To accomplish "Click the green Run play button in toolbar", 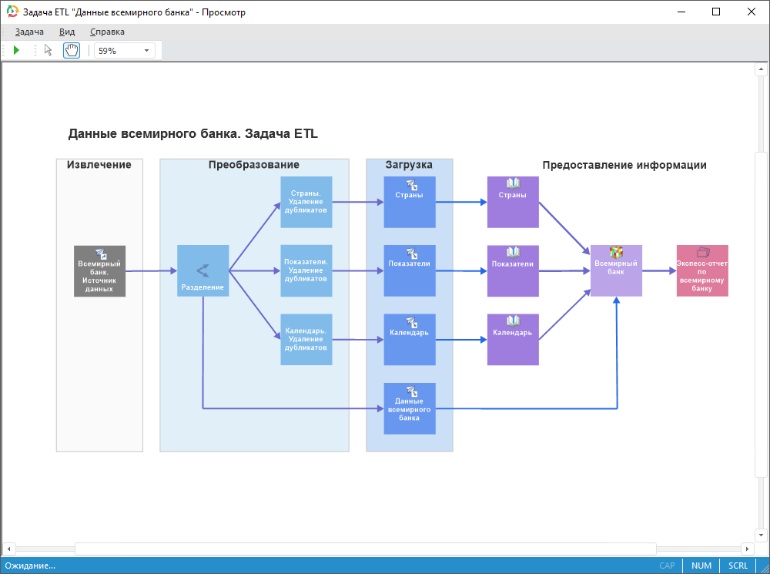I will (x=16, y=51).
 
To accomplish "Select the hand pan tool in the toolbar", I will (x=71, y=51).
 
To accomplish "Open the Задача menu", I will (x=29, y=32).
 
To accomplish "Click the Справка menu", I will (x=107, y=32).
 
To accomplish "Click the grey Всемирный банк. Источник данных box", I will (x=99, y=270).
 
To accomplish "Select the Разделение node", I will (x=203, y=270).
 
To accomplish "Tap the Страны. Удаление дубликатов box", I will (x=306, y=202).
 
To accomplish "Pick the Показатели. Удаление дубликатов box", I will (x=306, y=270).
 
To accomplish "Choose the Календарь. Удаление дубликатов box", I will (x=306, y=339).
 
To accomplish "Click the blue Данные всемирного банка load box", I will (x=410, y=408).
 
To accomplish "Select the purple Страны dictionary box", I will (x=513, y=202).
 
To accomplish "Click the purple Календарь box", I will (x=513, y=339).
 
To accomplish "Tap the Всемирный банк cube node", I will (x=616, y=270).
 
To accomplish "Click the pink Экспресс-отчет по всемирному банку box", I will (x=701, y=270).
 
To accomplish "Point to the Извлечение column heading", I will (x=99, y=165).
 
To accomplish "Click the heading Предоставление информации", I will (x=624, y=165).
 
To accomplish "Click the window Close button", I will (x=751, y=12).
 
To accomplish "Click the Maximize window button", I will (x=716, y=12).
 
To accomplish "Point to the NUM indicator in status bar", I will (x=701, y=566).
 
